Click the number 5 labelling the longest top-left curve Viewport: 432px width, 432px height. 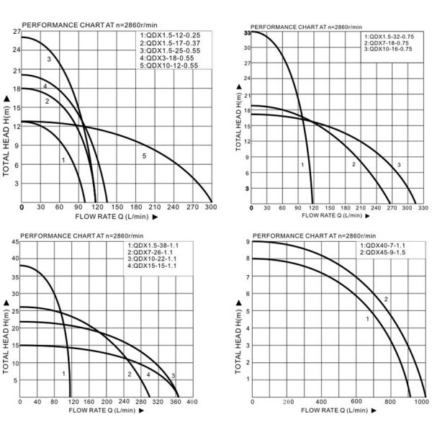(x=144, y=156)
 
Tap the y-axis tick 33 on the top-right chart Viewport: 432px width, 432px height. (x=246, y=33)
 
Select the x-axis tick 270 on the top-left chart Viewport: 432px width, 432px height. (x=191, y=207)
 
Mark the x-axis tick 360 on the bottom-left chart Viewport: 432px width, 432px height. (x=175, y=402)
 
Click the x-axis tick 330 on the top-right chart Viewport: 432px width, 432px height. (x=421, y=209)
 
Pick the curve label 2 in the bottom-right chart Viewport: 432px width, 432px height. (x=386, y=300)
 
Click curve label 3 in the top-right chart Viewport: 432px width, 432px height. (x=398, y=166)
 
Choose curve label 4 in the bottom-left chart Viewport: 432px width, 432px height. (x=148, y=374)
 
